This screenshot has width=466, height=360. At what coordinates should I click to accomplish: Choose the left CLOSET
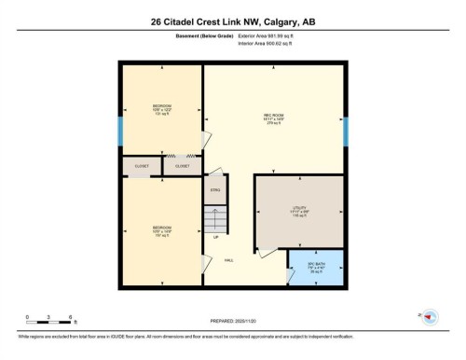coord(142,166)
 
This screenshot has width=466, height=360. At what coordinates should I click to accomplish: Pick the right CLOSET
coord(183,166)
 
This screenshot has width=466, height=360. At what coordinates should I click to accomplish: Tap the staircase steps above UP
coord(215,220)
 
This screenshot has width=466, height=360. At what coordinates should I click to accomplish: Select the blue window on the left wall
coord(119,132)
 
